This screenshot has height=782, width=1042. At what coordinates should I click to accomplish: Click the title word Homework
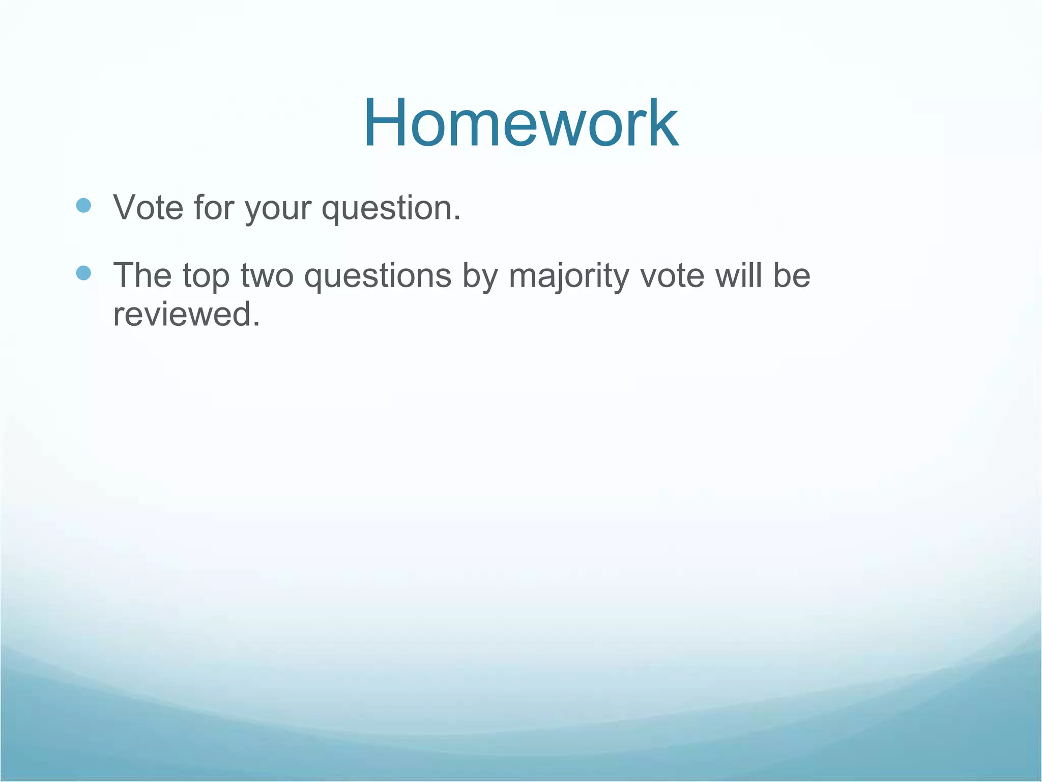tap(520, 123)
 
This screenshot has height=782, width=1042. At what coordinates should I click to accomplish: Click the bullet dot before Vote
tap(83, 206)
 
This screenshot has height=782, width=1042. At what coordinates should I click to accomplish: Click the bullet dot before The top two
tap(83, 273)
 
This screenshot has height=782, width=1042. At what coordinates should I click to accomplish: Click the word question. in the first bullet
tap(391, 209)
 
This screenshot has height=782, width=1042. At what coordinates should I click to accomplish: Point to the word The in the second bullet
tap(142, 275)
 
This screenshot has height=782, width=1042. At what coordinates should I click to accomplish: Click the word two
tap(267, 275)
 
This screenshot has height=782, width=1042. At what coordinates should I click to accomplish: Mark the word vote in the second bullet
tap(672, 275)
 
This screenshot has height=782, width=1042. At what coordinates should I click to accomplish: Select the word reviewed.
tap(182, 314)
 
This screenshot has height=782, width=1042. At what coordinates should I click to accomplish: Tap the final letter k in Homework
tap(663, 123)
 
